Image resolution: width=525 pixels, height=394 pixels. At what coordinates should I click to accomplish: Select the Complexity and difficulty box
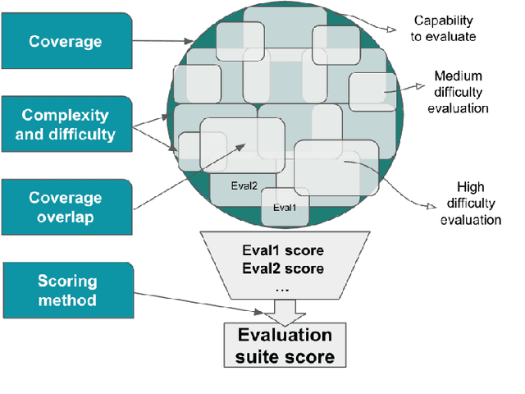pyautogui.click(x=66, y=125)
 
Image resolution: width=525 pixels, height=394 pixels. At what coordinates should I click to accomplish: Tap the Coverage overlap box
pyautogui.click(x=66, y=208)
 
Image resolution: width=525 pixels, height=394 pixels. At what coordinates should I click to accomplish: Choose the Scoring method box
pyautogui.click(x=66, y=291)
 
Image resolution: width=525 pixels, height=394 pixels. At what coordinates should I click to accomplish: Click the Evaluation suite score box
pyautogui.click(x=285, y=346)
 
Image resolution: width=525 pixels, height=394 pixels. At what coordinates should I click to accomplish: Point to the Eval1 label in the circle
pyautogui.click(x=285, y=207)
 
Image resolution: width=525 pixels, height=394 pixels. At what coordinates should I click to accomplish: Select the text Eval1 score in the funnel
pyautogui.click(x=283, y=250)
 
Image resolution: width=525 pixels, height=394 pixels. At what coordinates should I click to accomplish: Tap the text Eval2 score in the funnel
pyautogui.click(x=283, y=268)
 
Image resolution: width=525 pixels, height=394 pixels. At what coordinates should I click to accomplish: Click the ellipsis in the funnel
pyautogui.click(x=282, y=287)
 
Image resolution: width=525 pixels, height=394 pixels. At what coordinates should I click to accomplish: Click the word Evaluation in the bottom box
pyautogui.click(x=285, y=335)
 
